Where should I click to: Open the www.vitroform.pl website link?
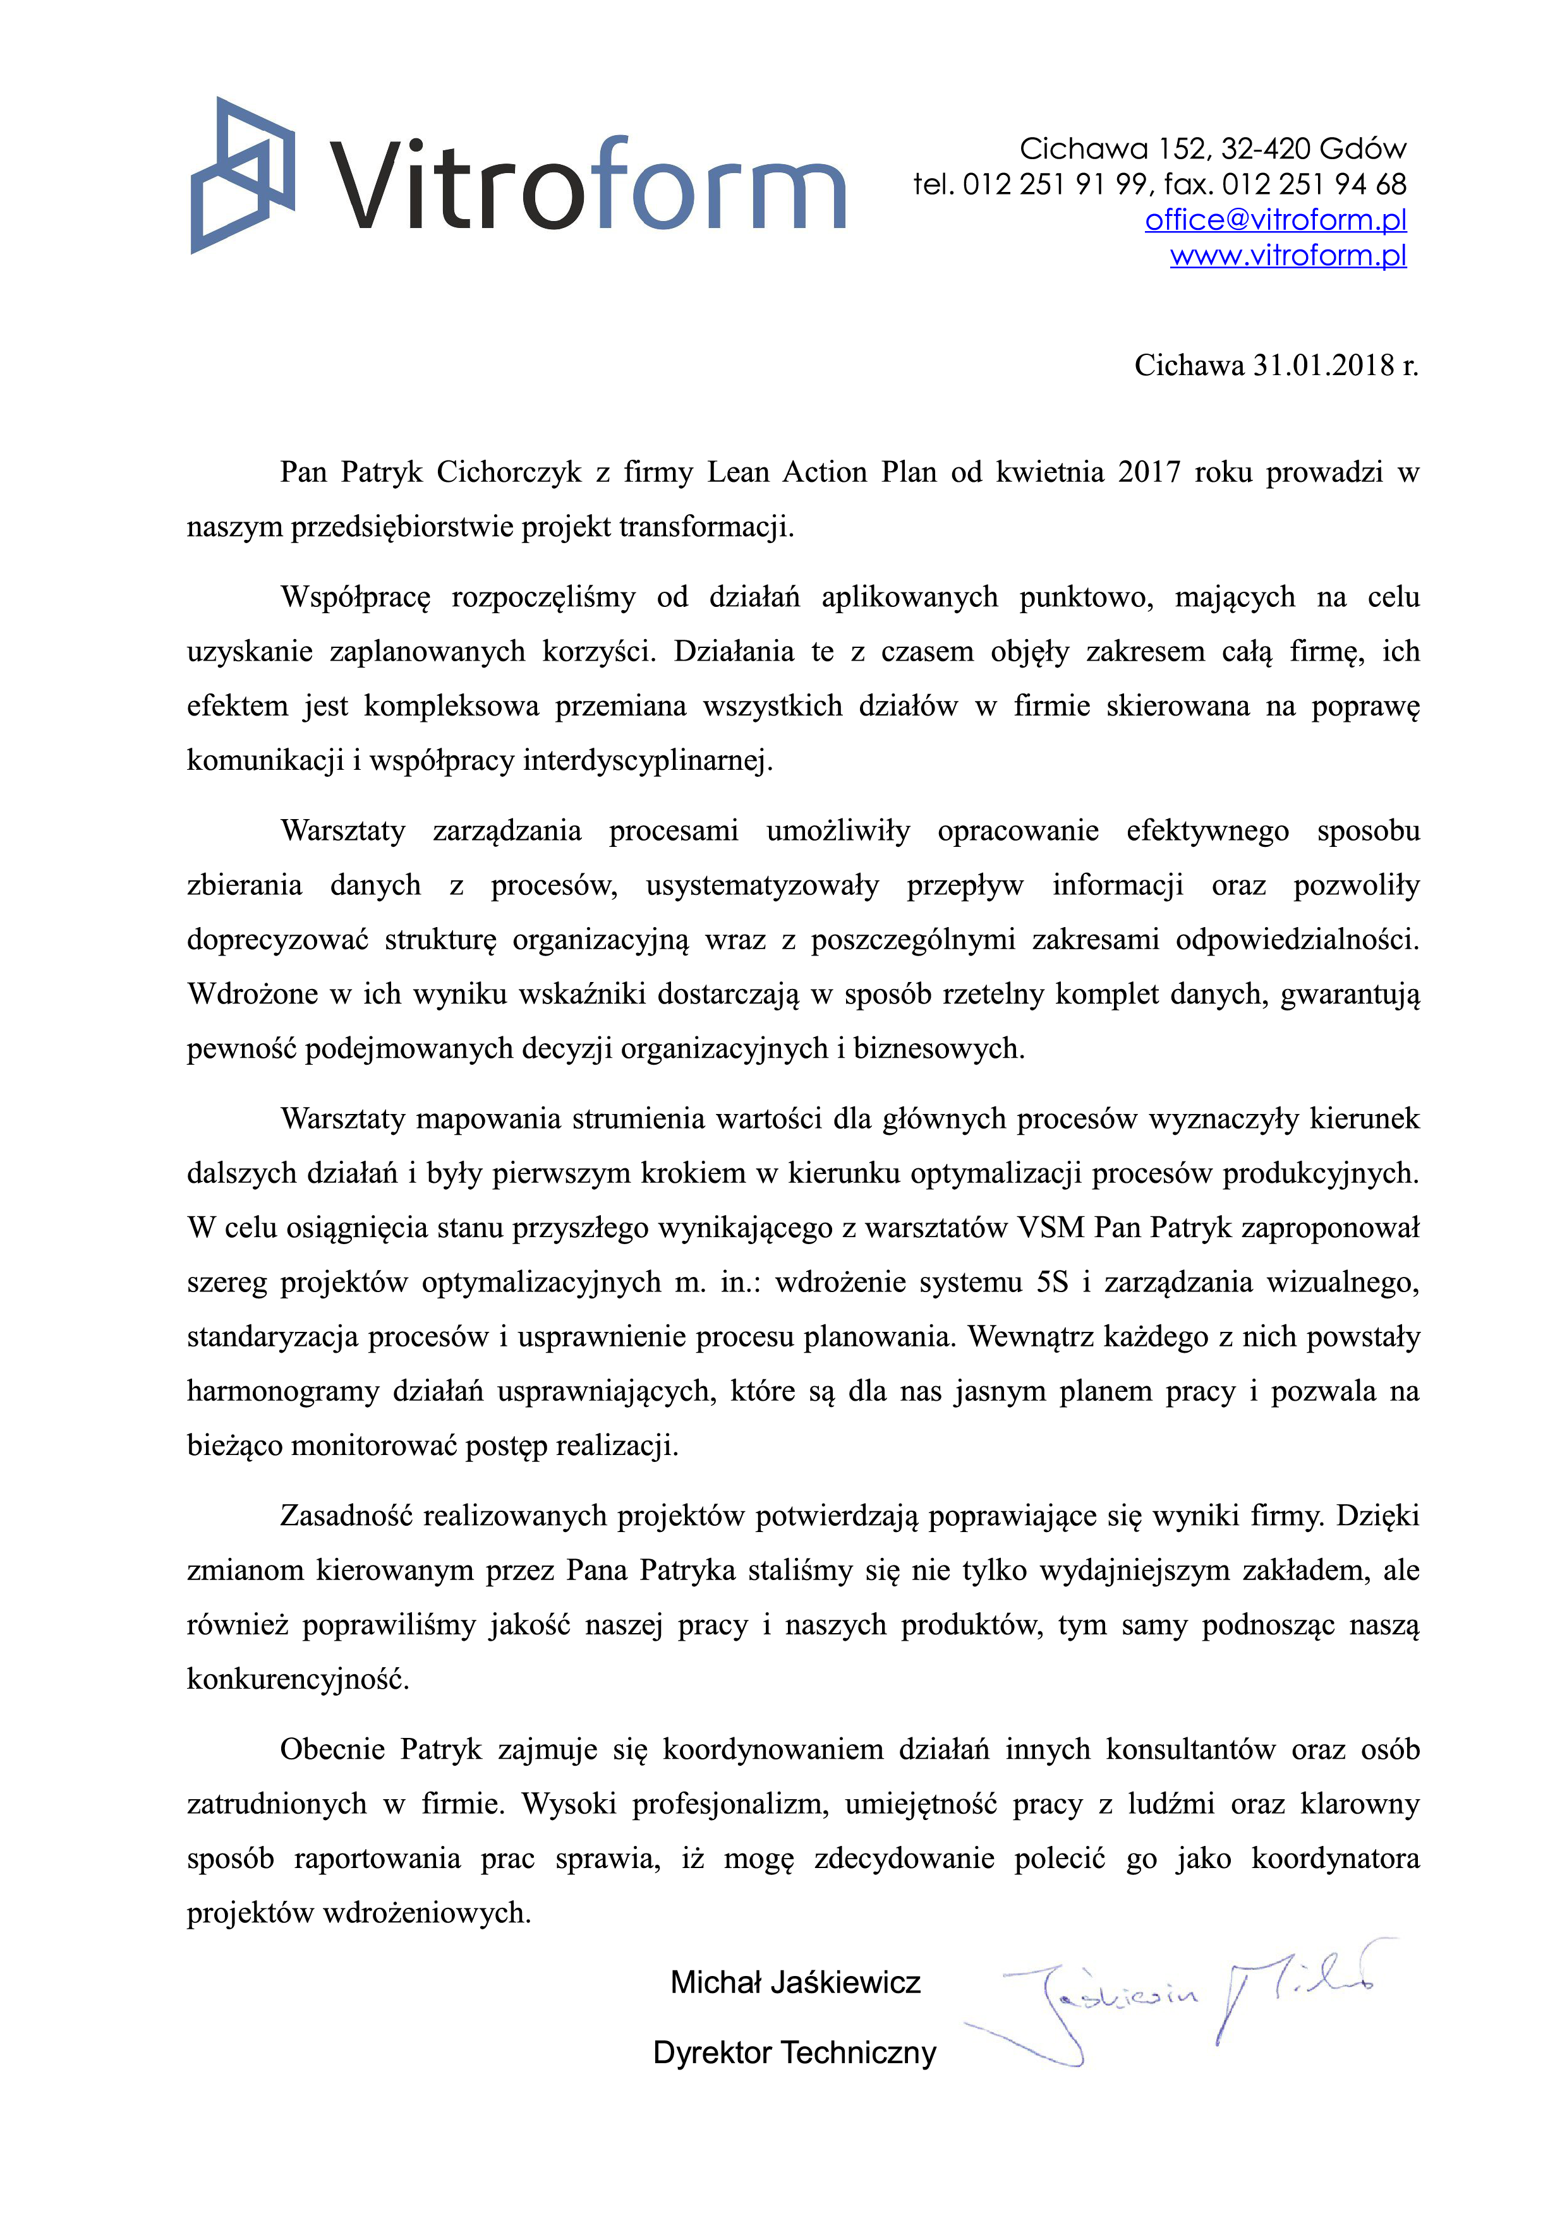tap(1287, 256)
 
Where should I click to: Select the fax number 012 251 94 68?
tap(1314, 184)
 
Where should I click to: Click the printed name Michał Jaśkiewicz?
tap(795, 1982)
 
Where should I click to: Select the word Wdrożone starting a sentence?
tap(252, 994)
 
